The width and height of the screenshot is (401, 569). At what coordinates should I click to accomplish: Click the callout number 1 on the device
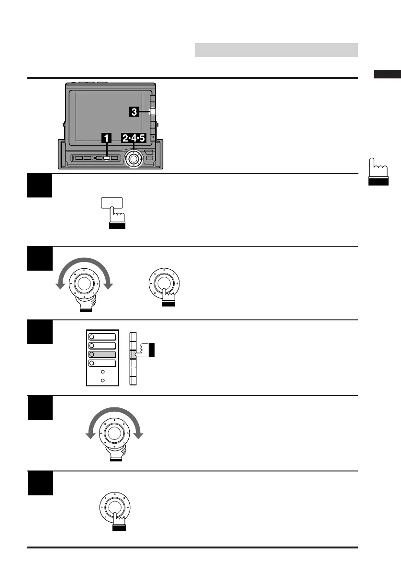coord(106,139)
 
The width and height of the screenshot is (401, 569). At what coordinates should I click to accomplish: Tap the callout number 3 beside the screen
coord(135,112)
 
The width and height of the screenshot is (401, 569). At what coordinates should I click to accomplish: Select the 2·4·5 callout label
coord(133,139)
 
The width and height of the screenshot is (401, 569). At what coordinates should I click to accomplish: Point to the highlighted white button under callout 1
coord(107,158)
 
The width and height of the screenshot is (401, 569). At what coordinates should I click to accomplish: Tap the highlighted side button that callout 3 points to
coord(152,112)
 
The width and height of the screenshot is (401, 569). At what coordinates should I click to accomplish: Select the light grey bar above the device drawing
coord(276,50)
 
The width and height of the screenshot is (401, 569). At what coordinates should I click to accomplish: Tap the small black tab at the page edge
coord(387,74)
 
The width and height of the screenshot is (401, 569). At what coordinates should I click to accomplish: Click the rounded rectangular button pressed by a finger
coord(111,203)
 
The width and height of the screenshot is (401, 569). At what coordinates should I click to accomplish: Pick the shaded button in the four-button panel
coord(102,354)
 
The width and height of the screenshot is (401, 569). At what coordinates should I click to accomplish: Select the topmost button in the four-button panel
coord(102,336)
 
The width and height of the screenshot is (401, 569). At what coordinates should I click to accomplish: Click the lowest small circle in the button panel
coord(101,381)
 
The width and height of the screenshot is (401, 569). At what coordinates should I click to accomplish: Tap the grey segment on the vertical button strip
coord(133,354)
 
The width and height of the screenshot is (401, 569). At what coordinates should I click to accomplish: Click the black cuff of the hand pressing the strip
coord(153,350)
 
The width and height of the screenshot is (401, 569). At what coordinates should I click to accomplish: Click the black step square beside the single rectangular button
coord(40,186)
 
